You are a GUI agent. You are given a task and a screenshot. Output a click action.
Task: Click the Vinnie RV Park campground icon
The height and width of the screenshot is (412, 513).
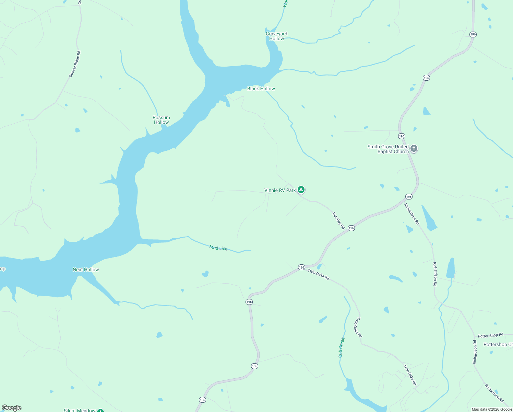point(301,190)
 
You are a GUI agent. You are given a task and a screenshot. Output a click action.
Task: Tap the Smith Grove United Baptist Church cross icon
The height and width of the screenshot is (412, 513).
point(414,149)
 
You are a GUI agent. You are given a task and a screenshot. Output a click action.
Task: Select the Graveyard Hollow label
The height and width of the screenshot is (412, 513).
point(276,36)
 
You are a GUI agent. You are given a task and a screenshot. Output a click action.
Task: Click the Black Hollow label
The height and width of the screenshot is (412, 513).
point(261,89)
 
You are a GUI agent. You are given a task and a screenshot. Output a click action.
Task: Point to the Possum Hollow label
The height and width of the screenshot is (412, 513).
point(161,120)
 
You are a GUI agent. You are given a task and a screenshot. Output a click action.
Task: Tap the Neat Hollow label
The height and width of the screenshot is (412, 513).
point(86,270)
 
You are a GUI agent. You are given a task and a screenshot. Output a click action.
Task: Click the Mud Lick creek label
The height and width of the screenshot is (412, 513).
point(218,248)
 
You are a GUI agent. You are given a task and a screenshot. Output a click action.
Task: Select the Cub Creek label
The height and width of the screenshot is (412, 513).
point(342,347)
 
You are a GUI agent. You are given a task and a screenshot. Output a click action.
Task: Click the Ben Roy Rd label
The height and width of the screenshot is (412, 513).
point(338,220)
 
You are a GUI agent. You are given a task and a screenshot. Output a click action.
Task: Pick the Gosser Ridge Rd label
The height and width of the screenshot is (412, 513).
point(75,64)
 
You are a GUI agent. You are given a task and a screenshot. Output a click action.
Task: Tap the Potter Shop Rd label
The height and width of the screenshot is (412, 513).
point(490,335)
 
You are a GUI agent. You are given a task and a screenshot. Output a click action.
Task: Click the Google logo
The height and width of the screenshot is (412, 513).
point(12,408)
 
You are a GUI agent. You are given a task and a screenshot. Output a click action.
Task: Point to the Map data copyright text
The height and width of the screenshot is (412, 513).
point(492,409)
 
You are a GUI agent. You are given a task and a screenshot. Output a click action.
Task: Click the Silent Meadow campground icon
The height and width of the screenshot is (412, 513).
point(100,411)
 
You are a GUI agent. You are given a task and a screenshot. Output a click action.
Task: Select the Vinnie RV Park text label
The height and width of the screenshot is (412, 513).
point(280,190)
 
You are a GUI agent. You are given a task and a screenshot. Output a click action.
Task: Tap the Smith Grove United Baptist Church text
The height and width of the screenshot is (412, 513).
point(388,149)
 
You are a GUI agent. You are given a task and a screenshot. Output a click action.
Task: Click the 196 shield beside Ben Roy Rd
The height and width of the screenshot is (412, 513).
point(351,228)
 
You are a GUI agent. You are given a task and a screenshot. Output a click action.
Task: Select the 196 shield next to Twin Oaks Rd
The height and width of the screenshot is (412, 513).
point(301,267)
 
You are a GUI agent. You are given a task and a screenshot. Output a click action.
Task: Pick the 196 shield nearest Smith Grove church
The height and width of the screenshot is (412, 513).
point(402,136)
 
